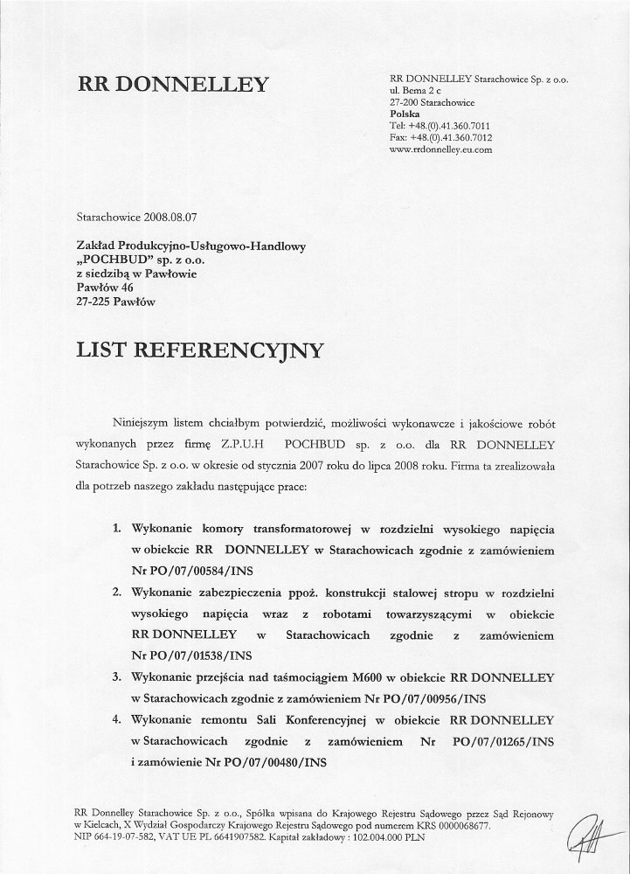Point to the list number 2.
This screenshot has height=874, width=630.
pyautogui.click(x=117, y=593)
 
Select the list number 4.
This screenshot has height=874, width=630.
pyautogui.click(x=117, y=720)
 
